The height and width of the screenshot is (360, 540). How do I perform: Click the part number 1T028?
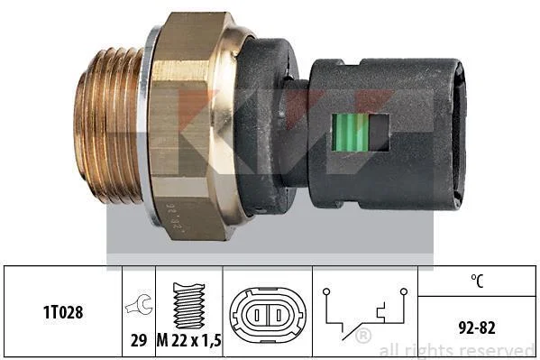[x=63, y=312]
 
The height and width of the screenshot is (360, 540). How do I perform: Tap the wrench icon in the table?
[x=139, y=304]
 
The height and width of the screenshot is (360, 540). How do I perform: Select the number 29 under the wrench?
[x=139, y=340]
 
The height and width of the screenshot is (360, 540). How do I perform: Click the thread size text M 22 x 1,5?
[x=189, y=340]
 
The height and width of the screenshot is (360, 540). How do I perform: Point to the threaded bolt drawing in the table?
[x=189, y=306]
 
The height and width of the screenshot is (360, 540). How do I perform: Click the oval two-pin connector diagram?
[x=267, y=315]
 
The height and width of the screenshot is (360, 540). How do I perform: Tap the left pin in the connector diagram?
[x=257, y=315]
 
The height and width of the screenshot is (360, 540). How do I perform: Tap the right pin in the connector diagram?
[x=279, y=315]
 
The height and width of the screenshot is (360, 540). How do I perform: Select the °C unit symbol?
[x=477, y=281]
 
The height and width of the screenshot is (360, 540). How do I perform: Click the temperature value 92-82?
[x=477, y=328]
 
